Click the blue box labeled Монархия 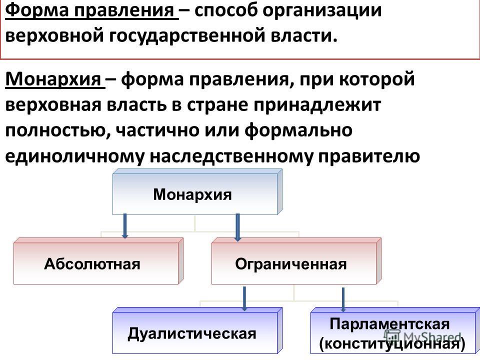pyautogui.click(x=197, y=192)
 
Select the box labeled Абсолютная pyautogui.click(x=98, y=261)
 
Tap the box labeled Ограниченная pyautogui.click(x=296, y=261)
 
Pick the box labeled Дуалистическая pyautogui.click(x=197, y=330)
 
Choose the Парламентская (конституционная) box pyautogui.click(x=395, y=330)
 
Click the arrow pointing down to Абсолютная pyautogui.click(x=124, y=226)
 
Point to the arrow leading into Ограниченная pyautogui.click(x=237, y=227)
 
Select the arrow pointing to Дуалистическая pyautogui.click(x=244, y=299)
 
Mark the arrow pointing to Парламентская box pyautogui.click(x=343, y=299)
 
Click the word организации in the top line pyautogui.click(x=322, y=10)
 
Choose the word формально pyautogui.click(x=298, y=130)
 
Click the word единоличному pyautogui.click(x=74, y=156)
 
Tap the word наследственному pyautogui.click(x=231, y=156)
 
